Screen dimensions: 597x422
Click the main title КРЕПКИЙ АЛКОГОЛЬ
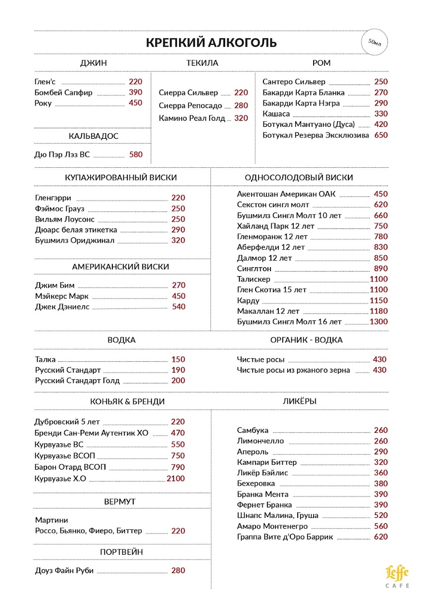click(211, 42)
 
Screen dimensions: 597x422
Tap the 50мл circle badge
click(374, 42)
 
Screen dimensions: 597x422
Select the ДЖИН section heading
click(93, 63)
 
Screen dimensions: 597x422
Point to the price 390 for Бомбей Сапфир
click(135, 93)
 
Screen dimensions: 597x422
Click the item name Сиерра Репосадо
click(190, 105)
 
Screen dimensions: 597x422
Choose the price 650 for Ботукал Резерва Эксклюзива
click(381, 135)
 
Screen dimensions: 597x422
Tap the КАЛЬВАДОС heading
click(93, 136)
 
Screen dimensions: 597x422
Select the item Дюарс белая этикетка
click(76, 230)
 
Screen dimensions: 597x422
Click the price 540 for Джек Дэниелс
click(178, 307)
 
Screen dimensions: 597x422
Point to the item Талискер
click(253, 279)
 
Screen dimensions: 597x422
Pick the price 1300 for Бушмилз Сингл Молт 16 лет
click(378, 322)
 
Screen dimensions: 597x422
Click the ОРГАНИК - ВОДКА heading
click(306, 340)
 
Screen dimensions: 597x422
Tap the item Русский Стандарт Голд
click(78, 381)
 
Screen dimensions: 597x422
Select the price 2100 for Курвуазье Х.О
click(175, 479)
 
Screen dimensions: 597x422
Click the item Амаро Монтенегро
click(272, 526)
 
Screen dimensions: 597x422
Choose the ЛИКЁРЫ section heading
click(300, 401)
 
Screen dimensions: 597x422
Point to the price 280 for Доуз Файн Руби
click(178, 571)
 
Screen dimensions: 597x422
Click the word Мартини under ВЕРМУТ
click(52, 520)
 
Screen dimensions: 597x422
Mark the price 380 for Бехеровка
click(381, 484)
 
